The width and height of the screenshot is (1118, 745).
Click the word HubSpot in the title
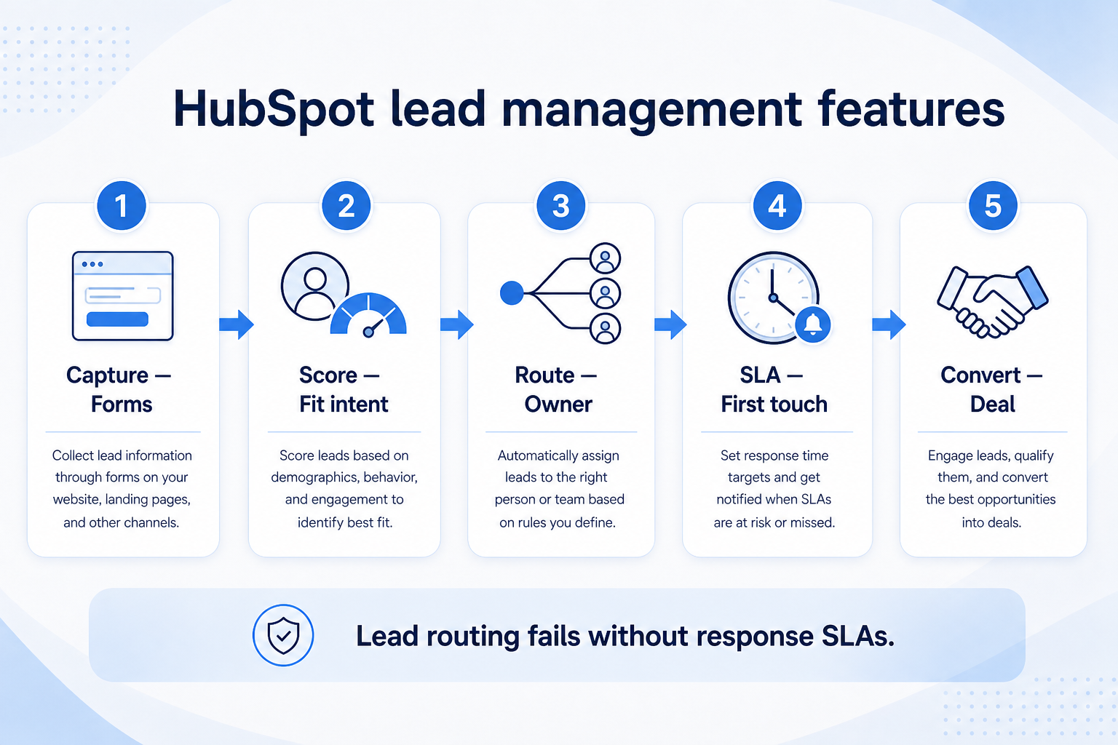tap(273, 110)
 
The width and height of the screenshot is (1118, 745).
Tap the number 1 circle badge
tap(122, 206)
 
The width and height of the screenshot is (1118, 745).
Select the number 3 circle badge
tap(561, 206)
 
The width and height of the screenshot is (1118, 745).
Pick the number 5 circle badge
tap(993, 206)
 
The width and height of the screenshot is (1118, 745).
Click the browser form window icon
tap(123, 296)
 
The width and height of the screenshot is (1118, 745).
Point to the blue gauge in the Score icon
tap(368, 314)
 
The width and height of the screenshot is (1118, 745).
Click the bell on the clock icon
tap(812, 324)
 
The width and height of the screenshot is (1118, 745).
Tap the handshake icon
tap(993, 302)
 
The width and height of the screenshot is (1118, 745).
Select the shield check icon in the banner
tap(283, 635)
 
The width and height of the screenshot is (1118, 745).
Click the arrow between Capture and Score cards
tap(237, 324)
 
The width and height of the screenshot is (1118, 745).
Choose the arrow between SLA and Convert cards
tap(889, 324)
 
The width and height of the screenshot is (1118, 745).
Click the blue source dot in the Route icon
tap(512, 293)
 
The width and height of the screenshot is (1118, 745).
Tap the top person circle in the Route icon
tap(605, 258)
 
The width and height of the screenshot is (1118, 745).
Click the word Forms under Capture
tap(122, 405)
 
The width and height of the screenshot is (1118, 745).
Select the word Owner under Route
tap(558, 405)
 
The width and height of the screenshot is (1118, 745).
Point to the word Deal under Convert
tap(992, 405)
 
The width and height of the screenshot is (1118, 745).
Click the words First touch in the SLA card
tap(774, 405)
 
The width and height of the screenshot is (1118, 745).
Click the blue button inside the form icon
tap(117, 319)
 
